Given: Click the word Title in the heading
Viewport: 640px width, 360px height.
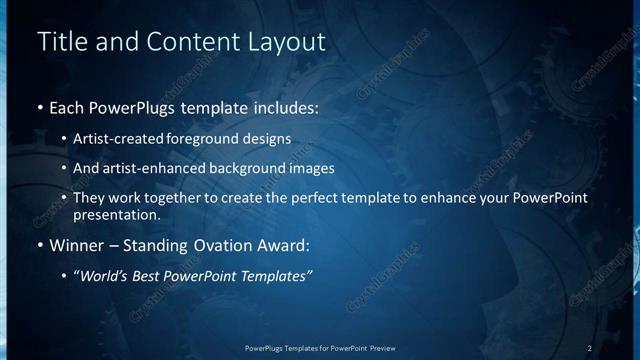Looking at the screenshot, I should tap(59, 42).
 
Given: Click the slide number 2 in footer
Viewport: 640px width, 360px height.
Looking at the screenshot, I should tap(590, 347).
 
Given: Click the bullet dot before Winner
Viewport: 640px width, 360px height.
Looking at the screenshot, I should tap(40, 245).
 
